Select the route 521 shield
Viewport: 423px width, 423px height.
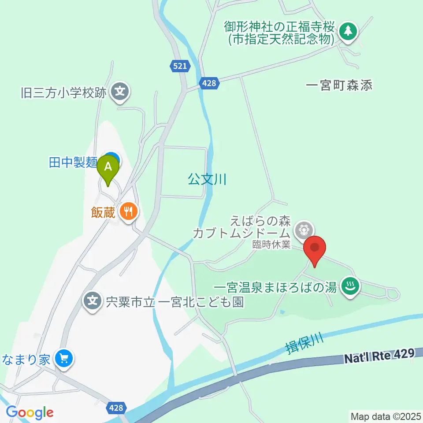(180, 67)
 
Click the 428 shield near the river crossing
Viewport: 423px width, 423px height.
(209, 82)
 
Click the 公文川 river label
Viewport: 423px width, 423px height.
(207, 179)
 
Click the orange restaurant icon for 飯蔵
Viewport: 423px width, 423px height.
(128, 212)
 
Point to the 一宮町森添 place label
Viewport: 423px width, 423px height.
(339, 85)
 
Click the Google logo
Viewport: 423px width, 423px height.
(30, 413)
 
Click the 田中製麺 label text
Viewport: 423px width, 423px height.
(73, 163)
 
